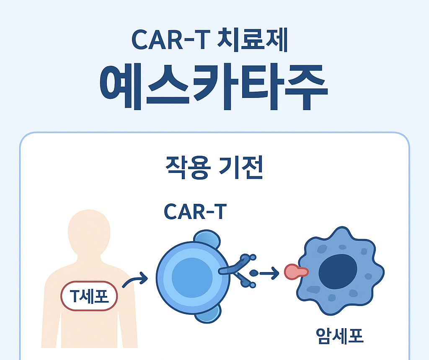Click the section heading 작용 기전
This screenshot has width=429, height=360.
[x=214, y=167]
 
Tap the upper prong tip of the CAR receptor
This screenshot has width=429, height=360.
[x=253, y=258]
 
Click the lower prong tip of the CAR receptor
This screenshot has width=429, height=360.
[x=253, y=285]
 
